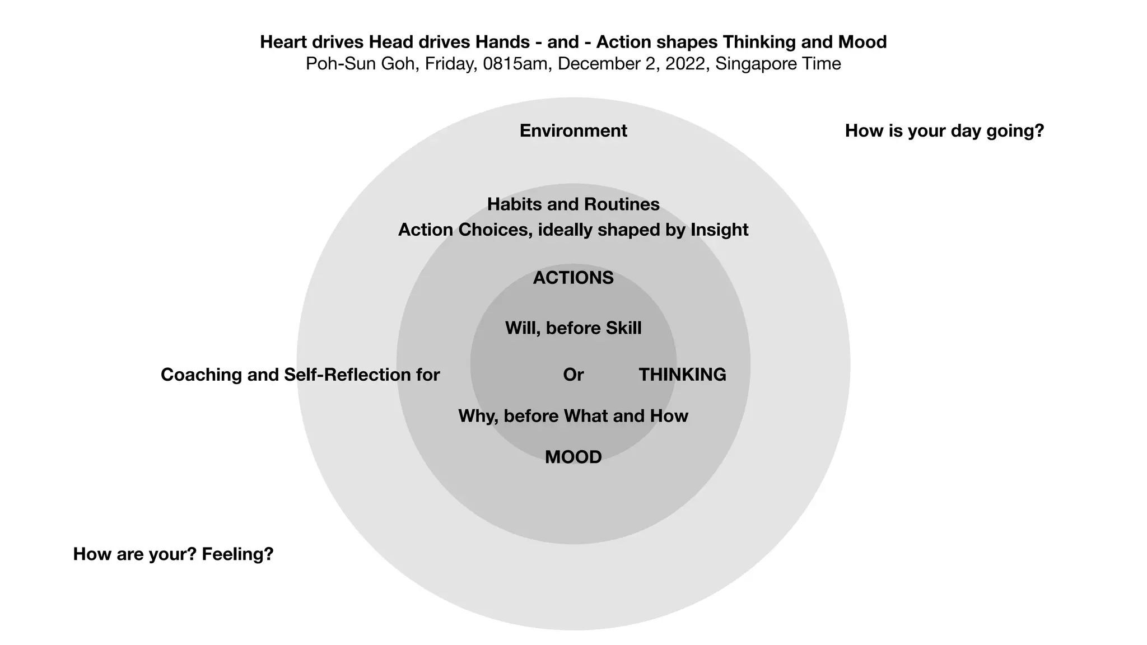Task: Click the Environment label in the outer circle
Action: coord(573,131)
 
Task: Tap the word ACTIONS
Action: coord(573,278)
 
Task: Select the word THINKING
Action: coord(682,375)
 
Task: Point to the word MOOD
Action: coord(573,457)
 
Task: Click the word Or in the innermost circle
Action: coord(573,375)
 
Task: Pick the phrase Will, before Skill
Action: coord(573,328)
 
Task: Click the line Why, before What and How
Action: coord(573,416)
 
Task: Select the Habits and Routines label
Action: coord(573,204)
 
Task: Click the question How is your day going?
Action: coord(944,131)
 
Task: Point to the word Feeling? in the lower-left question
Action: coord(237,554)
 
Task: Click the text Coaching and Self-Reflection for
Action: coord(300,375)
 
